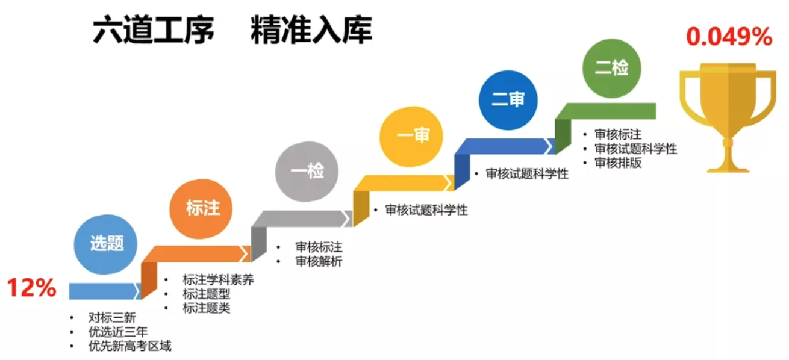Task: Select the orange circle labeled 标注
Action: point(203,208)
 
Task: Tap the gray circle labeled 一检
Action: point(307,171)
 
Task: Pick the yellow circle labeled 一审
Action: point(413,136)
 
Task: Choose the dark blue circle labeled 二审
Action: point(508,100)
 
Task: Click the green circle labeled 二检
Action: point(611,67)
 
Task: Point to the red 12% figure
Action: point(31,289)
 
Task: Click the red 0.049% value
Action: point(729,37)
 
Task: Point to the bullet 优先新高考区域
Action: point(129,346)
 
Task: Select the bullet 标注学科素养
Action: point(218,280)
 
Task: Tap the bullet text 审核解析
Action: point(319,261)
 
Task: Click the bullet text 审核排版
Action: point(618,163)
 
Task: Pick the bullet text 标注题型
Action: point(206,294)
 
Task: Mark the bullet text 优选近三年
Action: point(118,332)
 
